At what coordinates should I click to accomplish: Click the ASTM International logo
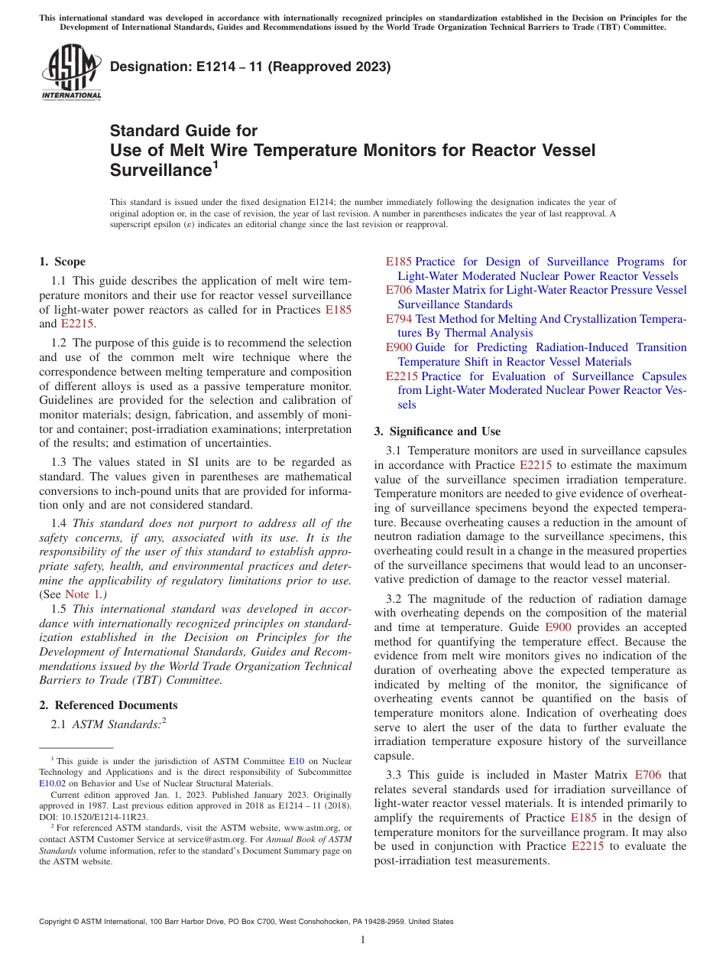point(71,73)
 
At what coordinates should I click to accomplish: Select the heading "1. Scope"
point(62,262)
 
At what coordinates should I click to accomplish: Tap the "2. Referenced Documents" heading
point(108,705)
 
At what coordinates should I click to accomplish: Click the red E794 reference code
point(399,319)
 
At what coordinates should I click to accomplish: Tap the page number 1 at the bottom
point(363,940)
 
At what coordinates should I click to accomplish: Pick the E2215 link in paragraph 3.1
point(536,465)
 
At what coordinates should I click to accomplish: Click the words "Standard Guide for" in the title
point(184,131)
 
